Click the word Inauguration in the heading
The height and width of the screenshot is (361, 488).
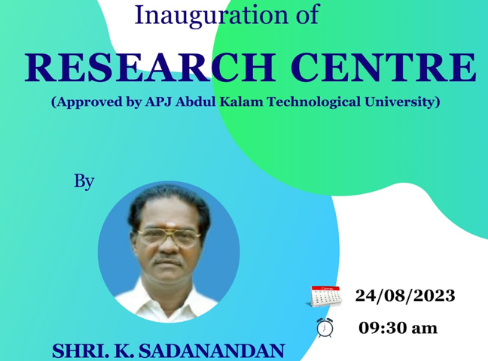tap(212, 16)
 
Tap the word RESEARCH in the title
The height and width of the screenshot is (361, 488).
tap(149, 68)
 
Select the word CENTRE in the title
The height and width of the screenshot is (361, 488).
tap(383, 68)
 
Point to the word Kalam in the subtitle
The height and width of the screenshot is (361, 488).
tap(241, 102)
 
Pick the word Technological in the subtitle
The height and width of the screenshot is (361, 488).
tap(314, 102)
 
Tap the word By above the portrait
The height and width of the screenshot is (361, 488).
tap(84, 181)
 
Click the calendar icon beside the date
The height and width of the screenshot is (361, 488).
tap(326, 296)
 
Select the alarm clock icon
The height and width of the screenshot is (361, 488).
tap(325, 328)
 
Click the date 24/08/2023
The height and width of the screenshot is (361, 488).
tap(405, 296)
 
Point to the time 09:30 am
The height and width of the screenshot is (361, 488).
tap(398, 328)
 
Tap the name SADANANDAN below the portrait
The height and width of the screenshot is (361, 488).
tap(212, 351)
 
